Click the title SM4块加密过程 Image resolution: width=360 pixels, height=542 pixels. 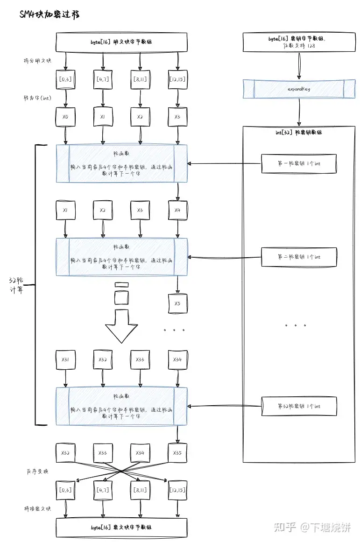click(49, 14)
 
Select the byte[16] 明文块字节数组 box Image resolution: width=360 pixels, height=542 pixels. click(121, 42)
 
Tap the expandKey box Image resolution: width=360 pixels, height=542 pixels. click(299, 89)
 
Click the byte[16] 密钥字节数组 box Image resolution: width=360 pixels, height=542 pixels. click(299, 42)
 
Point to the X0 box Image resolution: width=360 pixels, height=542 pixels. click(65, 117)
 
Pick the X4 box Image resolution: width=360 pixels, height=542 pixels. click(177, 211)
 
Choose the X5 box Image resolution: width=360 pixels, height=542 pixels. click(177, 303)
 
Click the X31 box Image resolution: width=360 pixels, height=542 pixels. click(65, 360)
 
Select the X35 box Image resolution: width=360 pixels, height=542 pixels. click(177, 453)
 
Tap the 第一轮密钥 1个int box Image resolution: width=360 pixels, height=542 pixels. click(299, 164)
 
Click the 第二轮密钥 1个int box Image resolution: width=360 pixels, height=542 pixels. click(299, 257)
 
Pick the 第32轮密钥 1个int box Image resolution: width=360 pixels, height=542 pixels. click(299, 406)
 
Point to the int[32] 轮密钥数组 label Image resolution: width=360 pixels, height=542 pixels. click(299, 133)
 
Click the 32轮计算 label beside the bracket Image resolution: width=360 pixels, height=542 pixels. click(17, 285)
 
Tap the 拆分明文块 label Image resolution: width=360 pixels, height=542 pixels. click(37, 61)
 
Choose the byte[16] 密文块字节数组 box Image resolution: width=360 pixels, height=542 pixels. click(121, 528)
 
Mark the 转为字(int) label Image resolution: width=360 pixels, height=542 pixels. click(37, 99)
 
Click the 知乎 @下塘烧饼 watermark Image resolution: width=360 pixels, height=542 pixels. click(313, 528)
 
